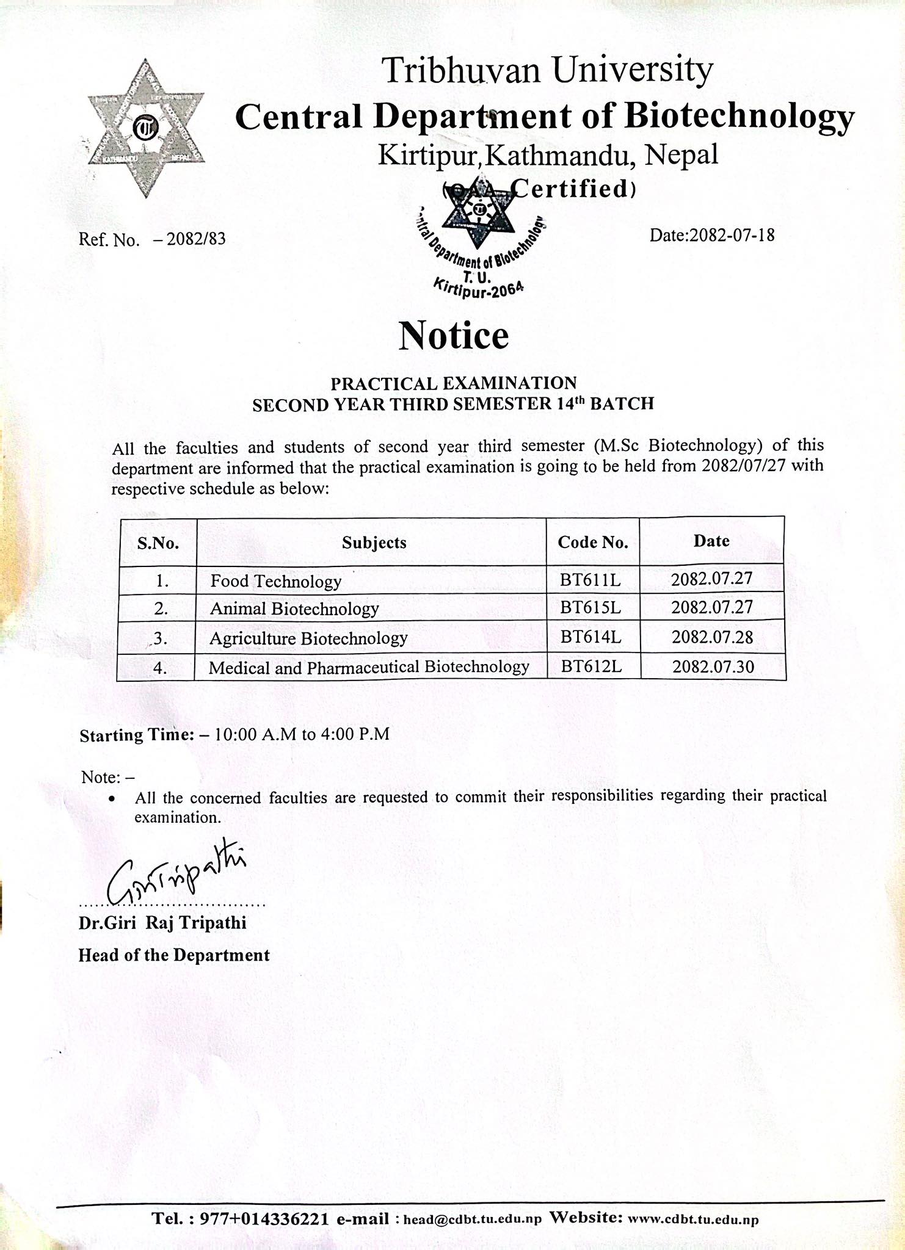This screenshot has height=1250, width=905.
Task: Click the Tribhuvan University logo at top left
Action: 145,128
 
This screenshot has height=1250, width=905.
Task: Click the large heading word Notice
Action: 453,336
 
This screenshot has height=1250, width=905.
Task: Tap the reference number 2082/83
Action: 196,239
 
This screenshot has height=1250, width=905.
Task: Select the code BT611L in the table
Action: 591,579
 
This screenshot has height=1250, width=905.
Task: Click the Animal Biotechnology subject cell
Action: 294,609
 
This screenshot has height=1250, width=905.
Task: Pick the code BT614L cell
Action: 591,637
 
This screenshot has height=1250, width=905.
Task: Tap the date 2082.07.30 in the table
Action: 713,666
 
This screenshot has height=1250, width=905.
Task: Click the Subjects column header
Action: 374,543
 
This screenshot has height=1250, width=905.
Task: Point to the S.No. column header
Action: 158,543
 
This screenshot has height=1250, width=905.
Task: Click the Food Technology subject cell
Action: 275,581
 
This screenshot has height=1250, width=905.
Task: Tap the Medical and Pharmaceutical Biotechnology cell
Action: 369,667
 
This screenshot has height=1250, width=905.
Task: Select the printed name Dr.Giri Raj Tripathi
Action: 162,923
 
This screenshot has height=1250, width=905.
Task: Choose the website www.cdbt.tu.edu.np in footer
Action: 693,1219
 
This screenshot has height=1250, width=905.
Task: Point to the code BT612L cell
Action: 591,667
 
